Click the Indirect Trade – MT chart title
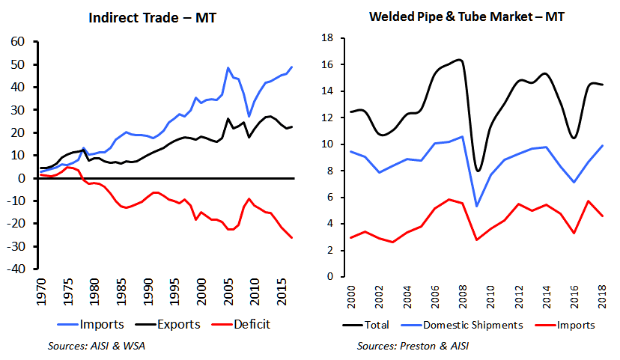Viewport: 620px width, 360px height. pyautogui.click(x=151, y=16)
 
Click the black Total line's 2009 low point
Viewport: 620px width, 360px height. pyautogui.click(x=478, y=171)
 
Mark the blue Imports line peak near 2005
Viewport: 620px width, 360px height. pyautogui.click(x=228, y=68)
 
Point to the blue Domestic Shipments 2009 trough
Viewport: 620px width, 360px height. pyautogui.click(x=478, y=206)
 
